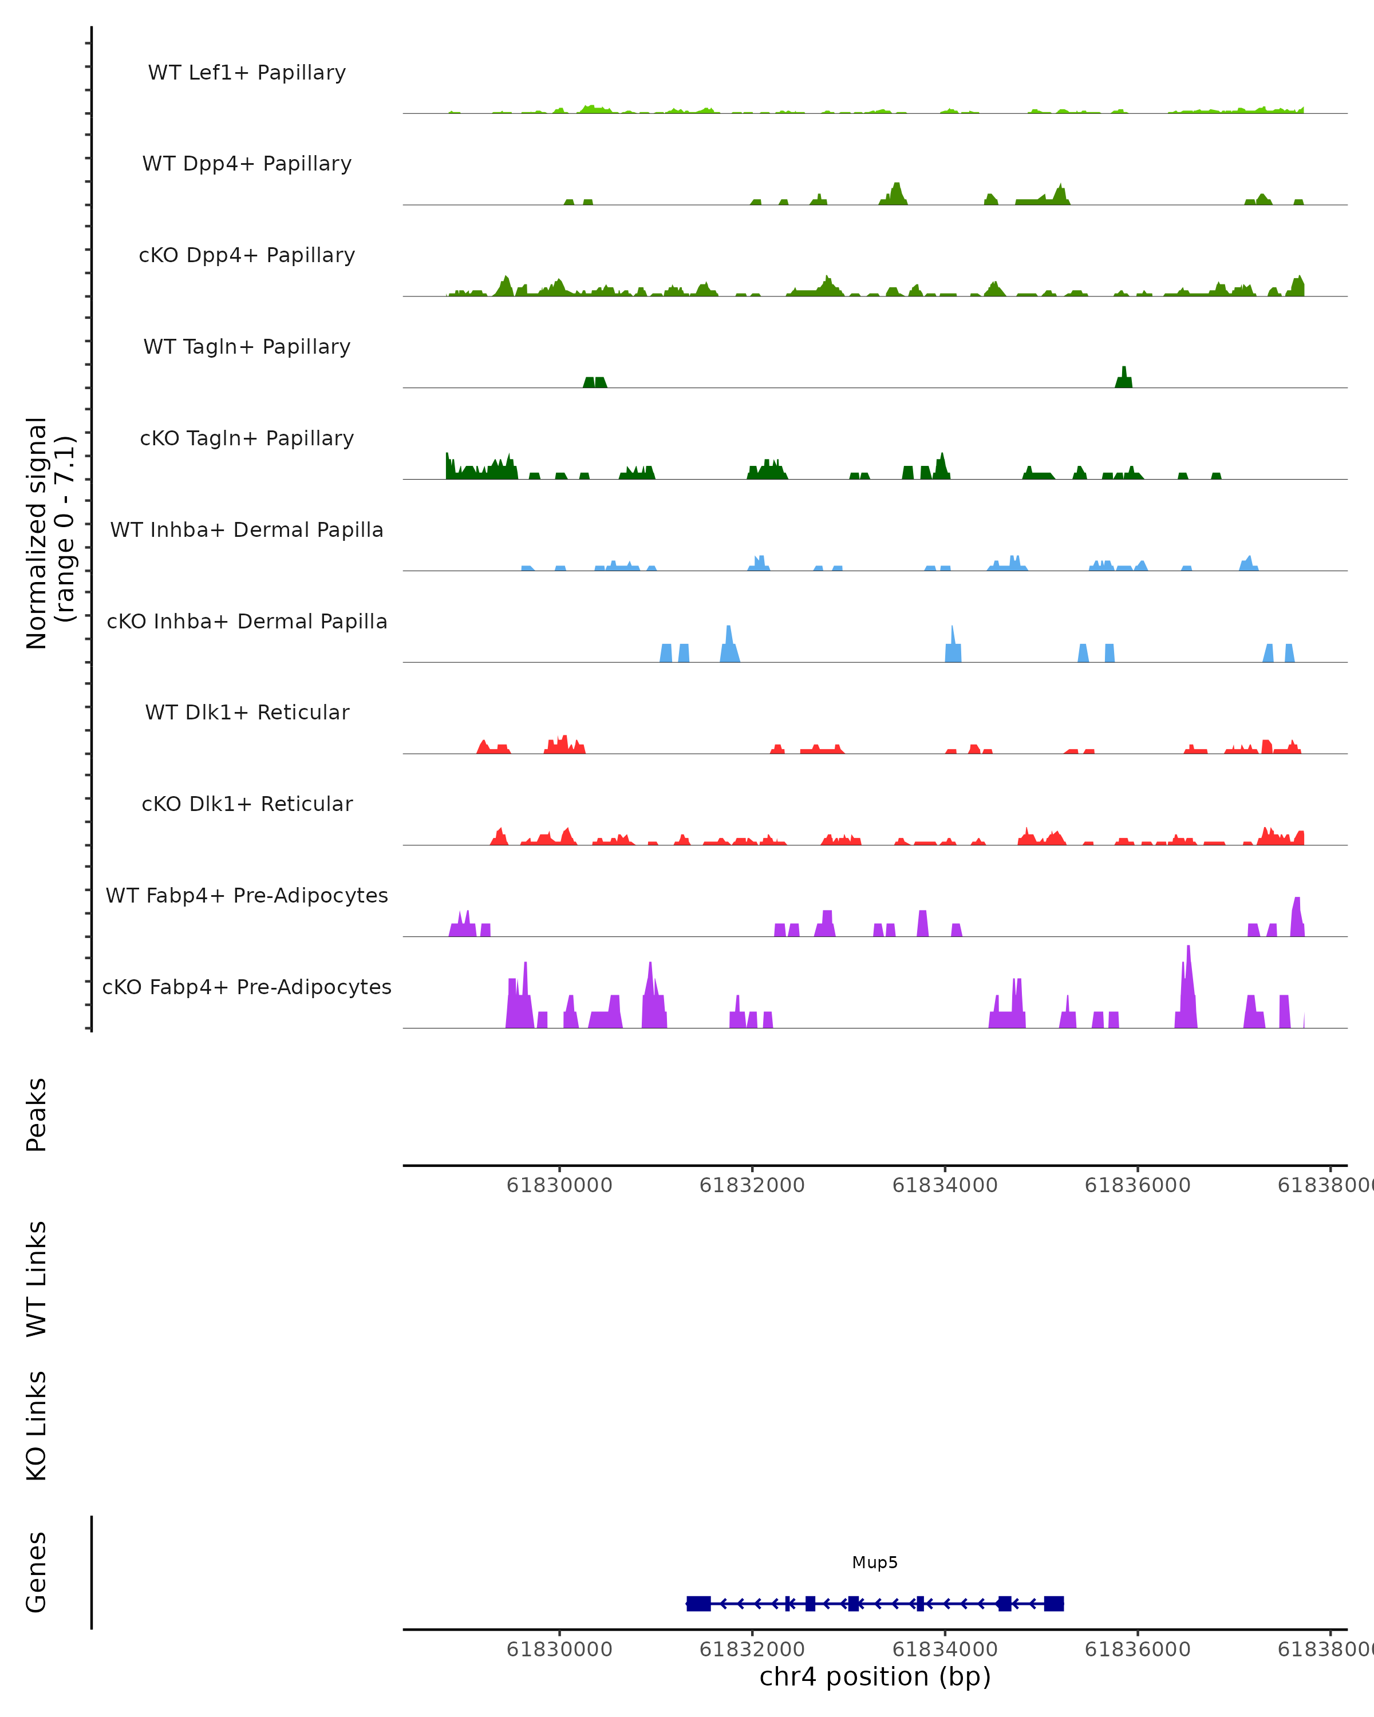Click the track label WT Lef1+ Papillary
pyautogui.click(x=247, y=73)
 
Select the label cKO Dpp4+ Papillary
pyautogui.click(x=247, y=255)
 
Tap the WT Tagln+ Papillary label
pyautogui.click(x=247, y=346)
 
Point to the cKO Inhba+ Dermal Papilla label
pyautogui.click(x=247, y=621)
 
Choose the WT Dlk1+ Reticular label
pyautogui.click(x=247, y=712)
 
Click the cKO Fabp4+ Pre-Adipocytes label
pyautogui.click(x=247, y=987)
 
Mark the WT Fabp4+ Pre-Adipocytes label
pyautogui.click(x=247, y=895)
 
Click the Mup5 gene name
pyautogui.click(x=875, y=1562)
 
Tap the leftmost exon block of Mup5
pyautogui.click(x=698, y=1603)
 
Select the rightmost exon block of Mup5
pyautogui.click(x=1054, y=1603)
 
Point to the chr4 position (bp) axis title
pyautogui.click(x=875, y=1676)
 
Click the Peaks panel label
pyautogui.click(x=37, y=1115)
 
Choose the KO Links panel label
pyautogui.click(x=37, y=1426)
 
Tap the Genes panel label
pyautogui.click(x=37, y=1572)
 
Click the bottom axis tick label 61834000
pyautogui.click(x=945, y=1648)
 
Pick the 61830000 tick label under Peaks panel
pyautogui.click(x=559, y=1185)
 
